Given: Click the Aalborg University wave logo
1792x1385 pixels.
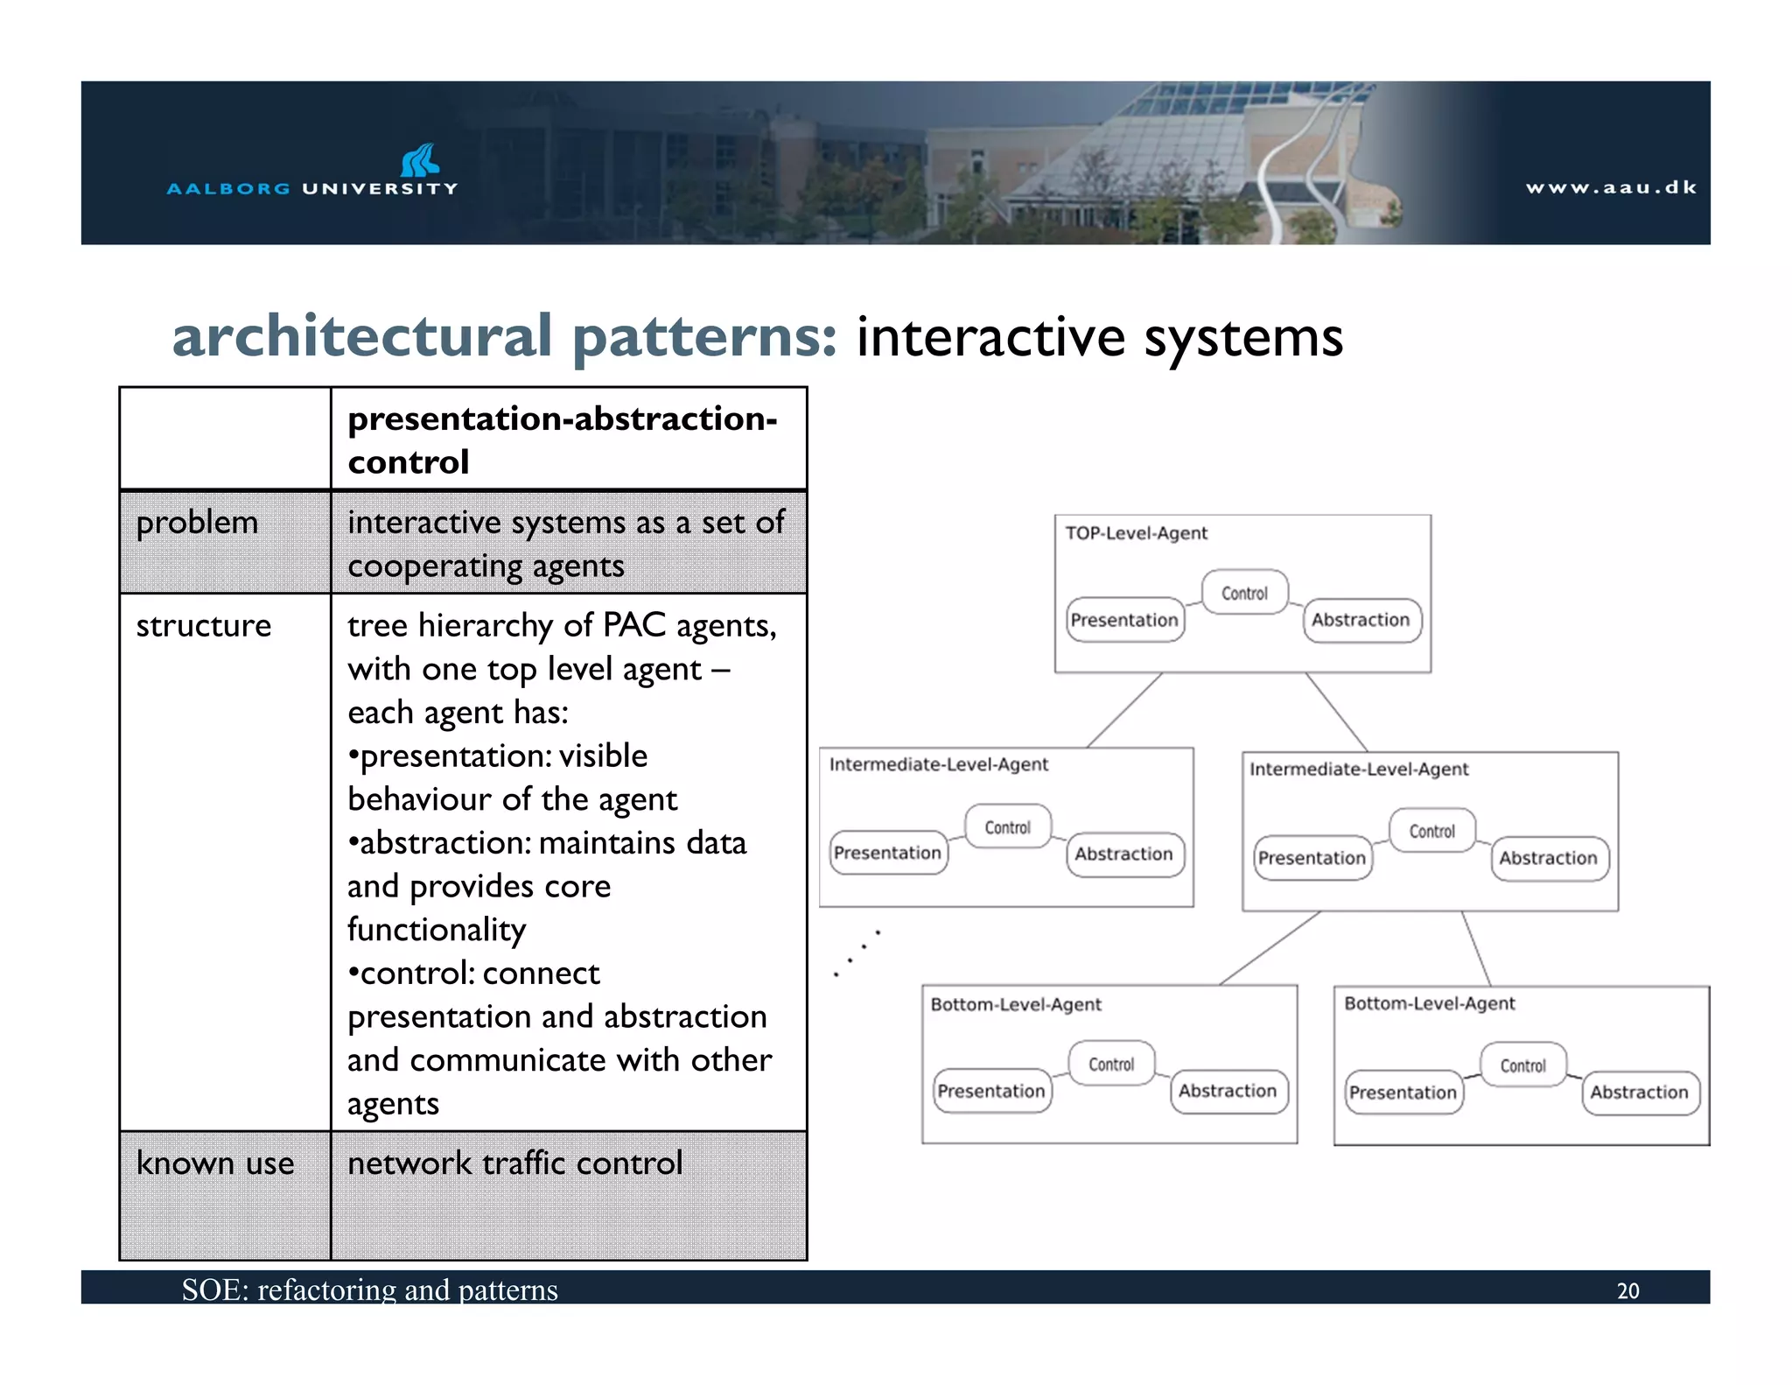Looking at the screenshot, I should [x=419, y=160].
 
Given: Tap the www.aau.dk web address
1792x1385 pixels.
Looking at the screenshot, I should [x=1610, y=187].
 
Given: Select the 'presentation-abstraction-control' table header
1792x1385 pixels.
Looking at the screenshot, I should [x=562, y=439].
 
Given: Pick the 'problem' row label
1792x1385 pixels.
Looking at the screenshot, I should [x=197, y=523].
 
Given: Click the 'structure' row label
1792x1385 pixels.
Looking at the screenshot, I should [x=203, y=626].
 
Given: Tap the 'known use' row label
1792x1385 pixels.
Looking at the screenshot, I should [x=215, y=1164].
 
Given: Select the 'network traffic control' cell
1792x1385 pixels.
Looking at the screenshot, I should [x=514, y=1164].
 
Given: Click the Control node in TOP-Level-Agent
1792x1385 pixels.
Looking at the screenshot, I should [x=1244, y=593].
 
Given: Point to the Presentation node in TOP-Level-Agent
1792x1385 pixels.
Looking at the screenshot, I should [x=1124, y=620].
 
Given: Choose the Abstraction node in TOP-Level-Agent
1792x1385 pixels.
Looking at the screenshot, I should [x=1361, y=620].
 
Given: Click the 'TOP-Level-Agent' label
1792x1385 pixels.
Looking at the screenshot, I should [x=1136, y=533].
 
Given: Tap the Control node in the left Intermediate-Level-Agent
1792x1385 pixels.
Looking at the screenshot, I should [x=1007, y=827].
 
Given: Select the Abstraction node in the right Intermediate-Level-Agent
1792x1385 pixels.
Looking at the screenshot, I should [x=1548, y=858].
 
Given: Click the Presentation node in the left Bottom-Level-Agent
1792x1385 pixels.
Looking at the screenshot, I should [x=990, y=1091].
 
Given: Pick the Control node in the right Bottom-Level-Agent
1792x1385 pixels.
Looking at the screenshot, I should [x=1522, y=1065].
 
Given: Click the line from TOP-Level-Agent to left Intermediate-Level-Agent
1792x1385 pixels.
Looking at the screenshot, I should [x=1124, y=710].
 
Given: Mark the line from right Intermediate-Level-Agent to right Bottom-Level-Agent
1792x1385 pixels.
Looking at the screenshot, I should [x=1475, y=948].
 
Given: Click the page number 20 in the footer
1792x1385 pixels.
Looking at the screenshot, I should [x=1627, y=1290].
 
